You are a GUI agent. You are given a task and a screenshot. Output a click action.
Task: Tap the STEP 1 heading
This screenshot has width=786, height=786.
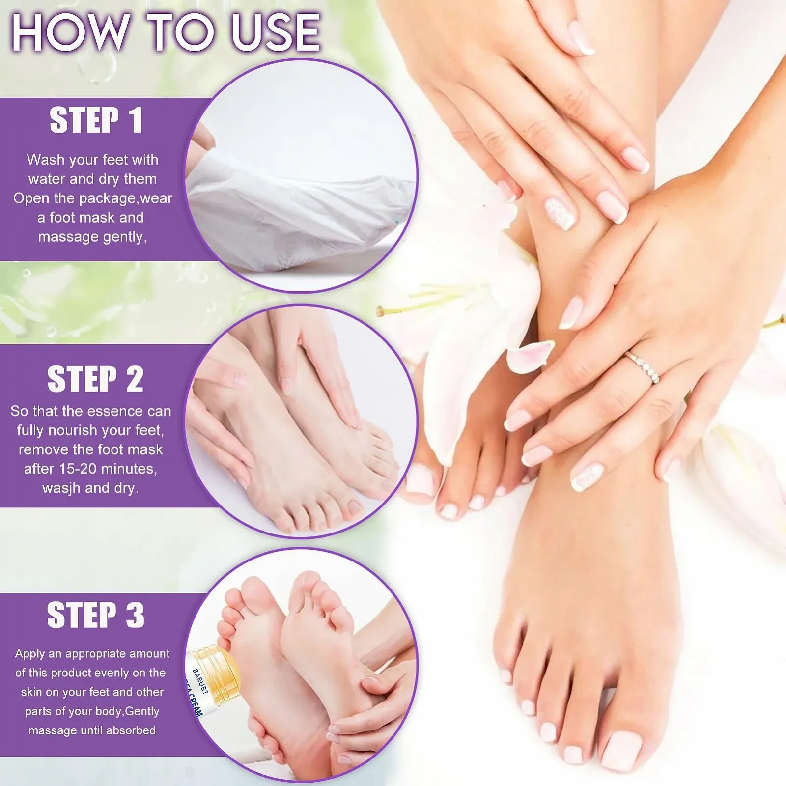96,120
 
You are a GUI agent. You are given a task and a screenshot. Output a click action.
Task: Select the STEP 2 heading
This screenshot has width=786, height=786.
96,379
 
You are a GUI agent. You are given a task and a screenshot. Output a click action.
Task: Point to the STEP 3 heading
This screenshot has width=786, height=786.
96,615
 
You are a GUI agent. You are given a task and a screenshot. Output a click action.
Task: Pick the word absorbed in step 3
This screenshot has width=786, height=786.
131,730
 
